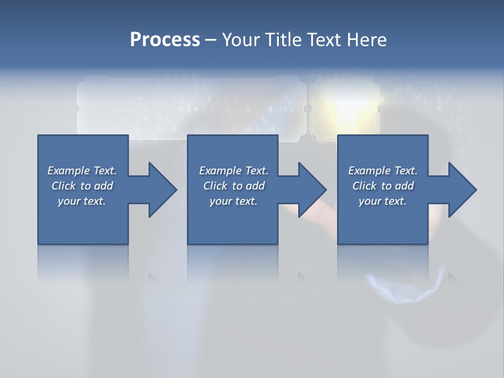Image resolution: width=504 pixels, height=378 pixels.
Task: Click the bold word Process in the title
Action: click(x=165, y=40)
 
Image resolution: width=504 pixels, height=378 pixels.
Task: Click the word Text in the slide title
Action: click(x=324, y=40)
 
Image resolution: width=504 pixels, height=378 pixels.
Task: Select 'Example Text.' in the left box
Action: click(x=82, y=171)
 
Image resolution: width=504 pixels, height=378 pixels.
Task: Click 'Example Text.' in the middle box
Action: click(x=234, y=171)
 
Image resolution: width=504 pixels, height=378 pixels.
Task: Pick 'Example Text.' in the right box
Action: click(x=383, y=171)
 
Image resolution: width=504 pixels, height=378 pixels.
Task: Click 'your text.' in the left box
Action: click(x=82, y=201)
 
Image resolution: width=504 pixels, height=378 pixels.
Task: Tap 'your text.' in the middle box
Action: click(x=234, y=201)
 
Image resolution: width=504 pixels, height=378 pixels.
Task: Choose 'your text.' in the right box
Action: click(x=383, y=201)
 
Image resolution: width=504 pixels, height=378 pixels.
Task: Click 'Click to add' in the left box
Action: click(x=82, y=186)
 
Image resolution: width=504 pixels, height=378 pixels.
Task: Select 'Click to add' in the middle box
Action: click(x=234, y=186)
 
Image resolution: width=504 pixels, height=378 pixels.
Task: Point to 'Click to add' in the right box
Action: click(x=383, y=186)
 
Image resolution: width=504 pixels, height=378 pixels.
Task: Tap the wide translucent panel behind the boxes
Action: click(x=192, y=105)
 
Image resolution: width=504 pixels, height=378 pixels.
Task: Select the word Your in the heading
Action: click(x=241, y=40)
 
